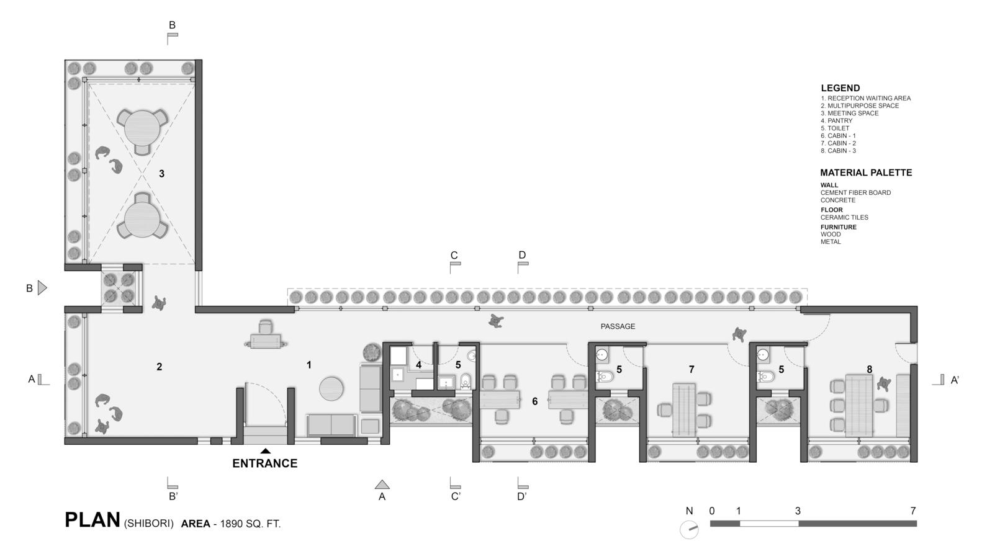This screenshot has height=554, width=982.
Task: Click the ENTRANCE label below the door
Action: pos(265,463)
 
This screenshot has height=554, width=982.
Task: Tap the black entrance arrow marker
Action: pos(265,451)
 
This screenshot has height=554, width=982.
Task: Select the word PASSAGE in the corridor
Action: pos(618,326)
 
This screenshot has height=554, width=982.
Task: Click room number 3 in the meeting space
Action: pos(161,174)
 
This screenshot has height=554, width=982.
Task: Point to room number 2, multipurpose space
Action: pos(159,367)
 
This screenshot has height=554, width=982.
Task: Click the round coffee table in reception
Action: pos(331,389)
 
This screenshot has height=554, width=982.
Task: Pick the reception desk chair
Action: pos(266,327)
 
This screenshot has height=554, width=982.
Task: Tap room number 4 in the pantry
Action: pos(418,365)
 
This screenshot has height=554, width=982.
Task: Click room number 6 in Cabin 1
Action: pos(534,401)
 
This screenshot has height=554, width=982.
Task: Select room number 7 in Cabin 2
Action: pos(691,370)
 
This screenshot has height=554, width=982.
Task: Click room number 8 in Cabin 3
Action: pos(869,370)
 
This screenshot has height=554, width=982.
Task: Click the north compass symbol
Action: pos(689,529)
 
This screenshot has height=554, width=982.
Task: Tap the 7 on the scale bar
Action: pos(913,511)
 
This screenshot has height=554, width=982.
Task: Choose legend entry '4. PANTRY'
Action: pos(837,121)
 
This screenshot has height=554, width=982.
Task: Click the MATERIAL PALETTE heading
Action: pos(866,172)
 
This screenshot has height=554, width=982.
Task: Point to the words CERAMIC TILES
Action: pos(844,217)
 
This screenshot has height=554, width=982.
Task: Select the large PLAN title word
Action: pos(92,520)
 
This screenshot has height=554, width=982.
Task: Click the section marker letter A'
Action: pos(955,380)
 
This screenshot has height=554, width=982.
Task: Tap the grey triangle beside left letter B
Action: pos(42,288)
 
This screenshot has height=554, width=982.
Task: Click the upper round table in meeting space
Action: pos(142,125)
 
